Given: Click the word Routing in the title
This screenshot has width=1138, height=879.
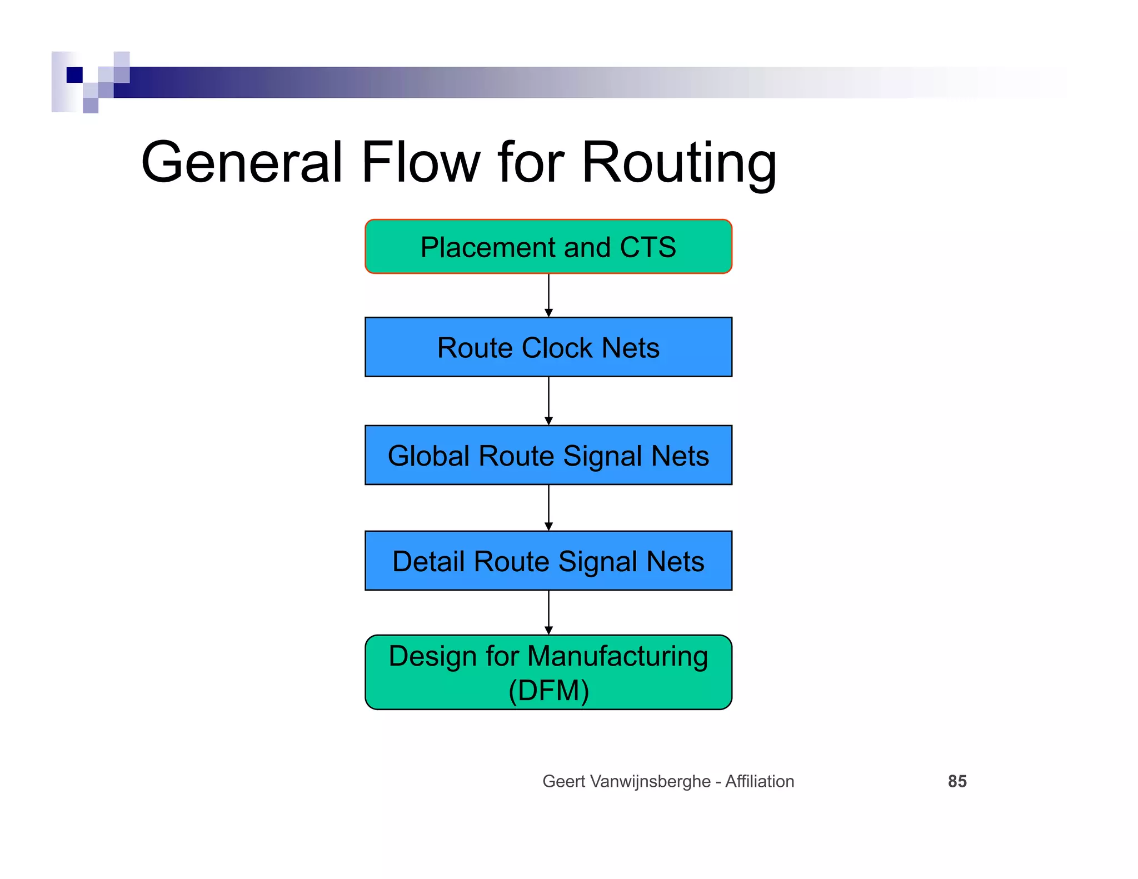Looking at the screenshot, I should (x=678, y=163).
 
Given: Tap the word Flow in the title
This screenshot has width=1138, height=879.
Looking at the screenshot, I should (x=421, y=163).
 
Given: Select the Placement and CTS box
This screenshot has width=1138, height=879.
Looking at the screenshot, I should (x=548, y=247).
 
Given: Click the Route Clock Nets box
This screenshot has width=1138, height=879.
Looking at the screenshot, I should (x=548, y=348).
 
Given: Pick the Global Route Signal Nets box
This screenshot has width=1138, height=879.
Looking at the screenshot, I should (x=548, y=456).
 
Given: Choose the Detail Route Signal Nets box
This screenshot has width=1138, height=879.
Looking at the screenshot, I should (x=548, y=561).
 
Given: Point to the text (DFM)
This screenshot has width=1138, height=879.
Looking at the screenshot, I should (x=548, y=691).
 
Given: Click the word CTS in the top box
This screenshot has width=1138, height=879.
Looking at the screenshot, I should (x=647, y=248).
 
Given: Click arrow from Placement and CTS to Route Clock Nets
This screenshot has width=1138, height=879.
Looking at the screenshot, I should (x=548, y=296).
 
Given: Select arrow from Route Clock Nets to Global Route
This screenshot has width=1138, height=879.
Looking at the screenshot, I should (x=548, y=401).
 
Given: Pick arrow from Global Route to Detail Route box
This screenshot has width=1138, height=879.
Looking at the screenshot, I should (x=548, y=508).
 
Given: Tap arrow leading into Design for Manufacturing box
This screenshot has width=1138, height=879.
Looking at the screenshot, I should (x=548, y=612).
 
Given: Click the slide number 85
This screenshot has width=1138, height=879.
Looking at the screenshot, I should (x=957, y=781).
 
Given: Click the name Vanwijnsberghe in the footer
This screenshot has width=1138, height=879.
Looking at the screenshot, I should (x=650, y=781).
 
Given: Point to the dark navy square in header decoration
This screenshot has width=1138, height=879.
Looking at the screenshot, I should (x=74, y=74).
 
